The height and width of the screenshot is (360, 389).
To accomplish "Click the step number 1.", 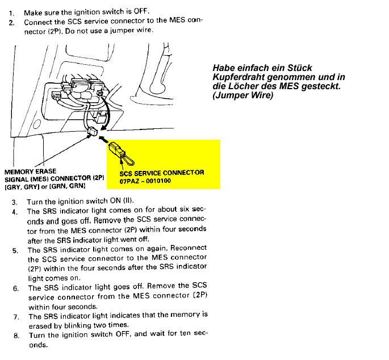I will (x=11, y=12).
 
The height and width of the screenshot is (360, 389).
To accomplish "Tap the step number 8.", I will (x=16, y=335).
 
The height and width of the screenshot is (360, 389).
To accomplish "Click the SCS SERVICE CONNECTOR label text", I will (x=162, y=173).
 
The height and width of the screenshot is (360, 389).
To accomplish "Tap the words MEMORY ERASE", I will (x=30, y=171).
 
